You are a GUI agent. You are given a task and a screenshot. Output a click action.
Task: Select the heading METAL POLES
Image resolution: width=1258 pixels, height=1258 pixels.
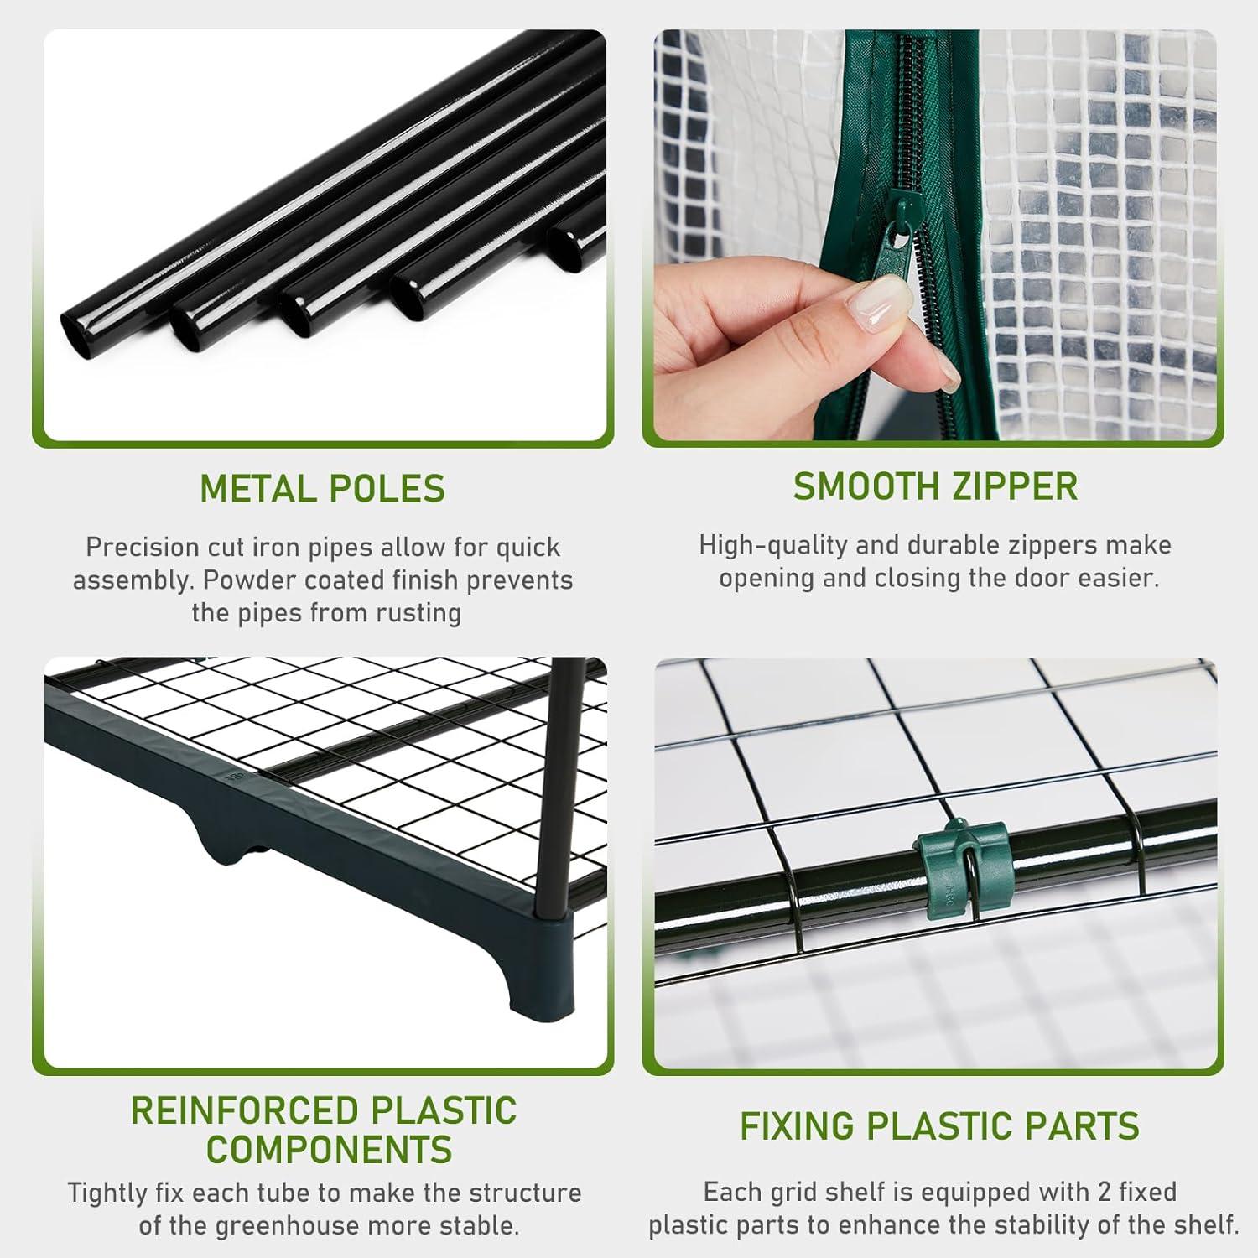(322, 489)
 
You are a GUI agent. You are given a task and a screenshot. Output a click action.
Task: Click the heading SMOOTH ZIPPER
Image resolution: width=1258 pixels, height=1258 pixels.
(935, 487)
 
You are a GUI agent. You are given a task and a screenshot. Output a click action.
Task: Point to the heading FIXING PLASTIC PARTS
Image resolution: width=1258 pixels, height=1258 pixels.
(938, 1126)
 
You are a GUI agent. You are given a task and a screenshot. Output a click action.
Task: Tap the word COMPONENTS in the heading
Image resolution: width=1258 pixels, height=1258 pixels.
(329, 1149)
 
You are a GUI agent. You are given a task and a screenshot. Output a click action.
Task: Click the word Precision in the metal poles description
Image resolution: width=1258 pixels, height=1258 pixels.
(142, 548)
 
